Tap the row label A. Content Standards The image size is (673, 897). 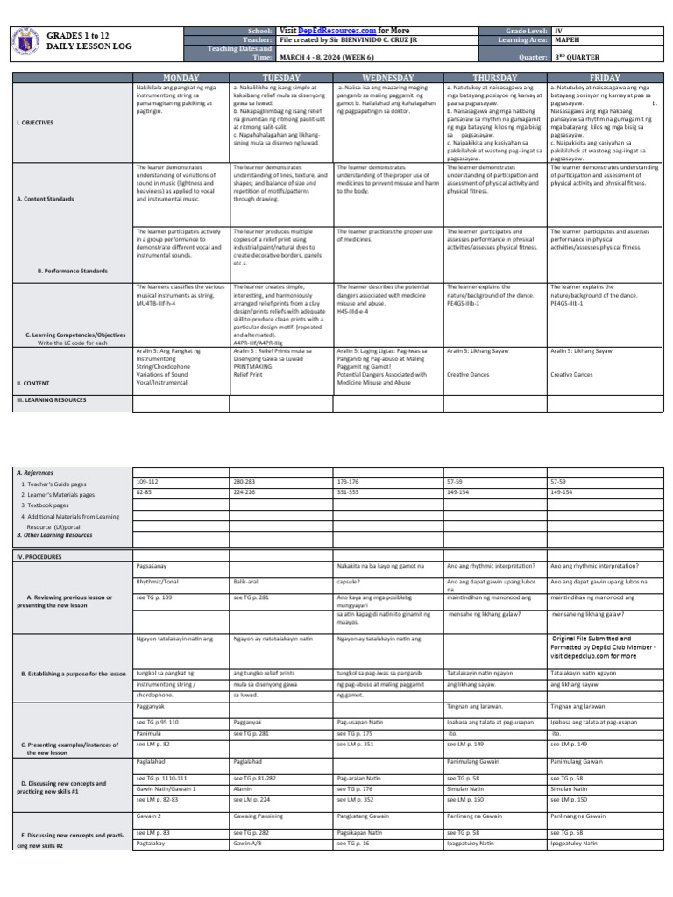coord(45,199)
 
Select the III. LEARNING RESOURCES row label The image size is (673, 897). coord(52,399)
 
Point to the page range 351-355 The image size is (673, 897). coord(348,492)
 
